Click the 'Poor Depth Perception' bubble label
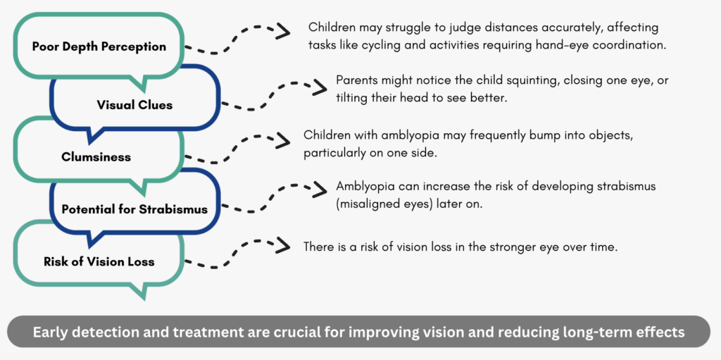point(99,46)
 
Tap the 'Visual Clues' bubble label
point(134,105)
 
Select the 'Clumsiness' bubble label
point(96,157)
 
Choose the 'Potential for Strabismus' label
point(134,209)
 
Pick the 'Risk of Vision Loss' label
point(99,262)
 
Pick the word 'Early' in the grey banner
point(47,333)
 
